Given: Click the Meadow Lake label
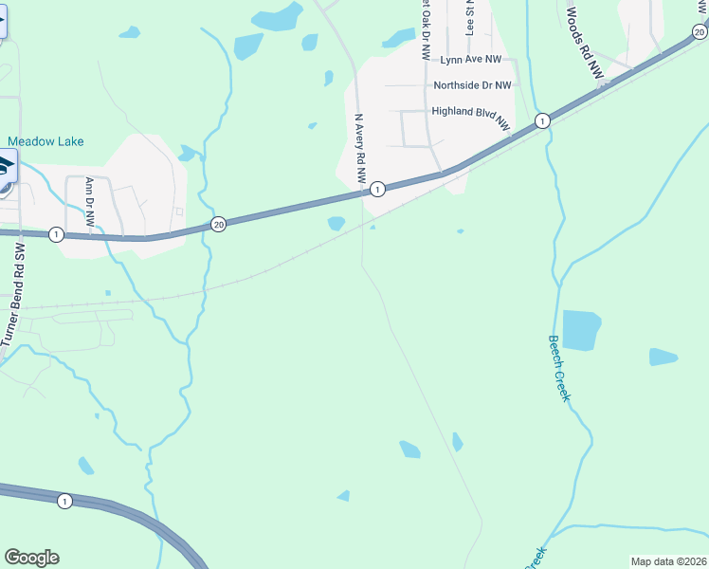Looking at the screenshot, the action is click(x=45, y=141).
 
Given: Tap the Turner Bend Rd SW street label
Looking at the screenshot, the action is click(x=14, y=294).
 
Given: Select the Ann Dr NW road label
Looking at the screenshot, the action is click(x=90, y=201).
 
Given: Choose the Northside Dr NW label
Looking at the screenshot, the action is click(x=472, y=85).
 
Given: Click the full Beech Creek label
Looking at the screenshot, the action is click(x=559, y=368).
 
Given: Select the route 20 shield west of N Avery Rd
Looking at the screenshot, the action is click(x=219, y=225).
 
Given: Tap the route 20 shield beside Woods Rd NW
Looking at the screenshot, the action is click(x=699, y=31).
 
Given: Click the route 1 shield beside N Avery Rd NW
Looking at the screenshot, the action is click(x=377, y=189).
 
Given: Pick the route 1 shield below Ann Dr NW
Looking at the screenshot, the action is click(x=56, y=234).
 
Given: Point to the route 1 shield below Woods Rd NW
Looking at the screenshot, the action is click(x=541, y=120).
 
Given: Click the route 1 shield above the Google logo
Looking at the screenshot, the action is click(x=64, y=501).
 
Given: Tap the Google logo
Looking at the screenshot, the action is click(x=31, y=558).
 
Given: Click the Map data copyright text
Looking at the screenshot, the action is click(x=668, y=561).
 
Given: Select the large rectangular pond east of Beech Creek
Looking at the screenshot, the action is click(x=582, y=330).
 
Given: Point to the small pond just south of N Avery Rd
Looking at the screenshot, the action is click(x=336, y=224).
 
